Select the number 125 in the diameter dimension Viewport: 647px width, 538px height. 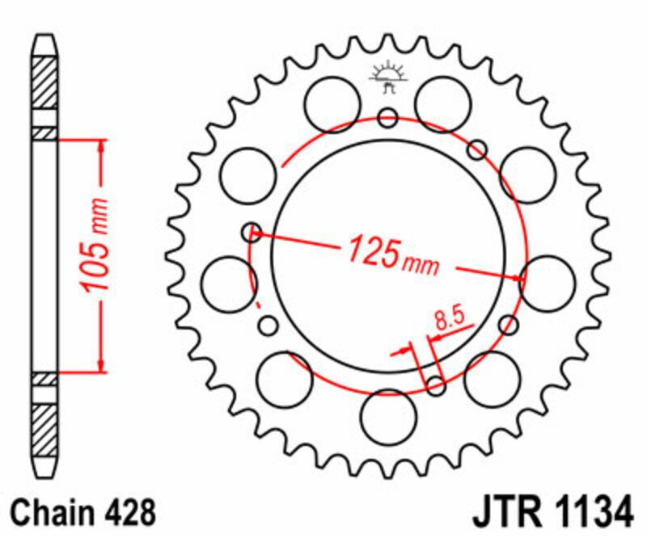(373, 251)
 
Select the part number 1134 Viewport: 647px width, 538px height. (590, 513)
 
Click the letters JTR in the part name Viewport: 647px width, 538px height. (505, 513)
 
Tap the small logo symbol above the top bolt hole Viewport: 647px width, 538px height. (387, 77)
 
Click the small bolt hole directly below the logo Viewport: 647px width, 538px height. (388, 119)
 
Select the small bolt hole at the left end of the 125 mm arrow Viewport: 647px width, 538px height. (252, 233)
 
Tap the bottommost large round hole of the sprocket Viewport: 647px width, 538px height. (388, 415)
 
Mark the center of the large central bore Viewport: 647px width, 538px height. (388, 254)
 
